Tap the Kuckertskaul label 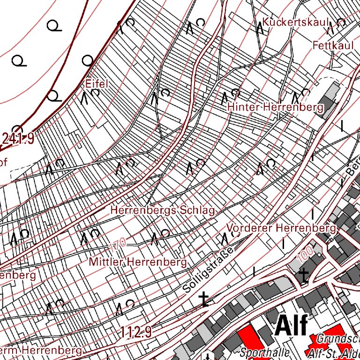point(297,22)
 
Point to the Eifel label point(97,84)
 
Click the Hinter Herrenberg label point(275,107)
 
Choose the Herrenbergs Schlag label point(163,210)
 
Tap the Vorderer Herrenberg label point(281,228)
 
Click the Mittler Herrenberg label point(138,262)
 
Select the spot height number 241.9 point(18,138)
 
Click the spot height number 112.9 point(135,333)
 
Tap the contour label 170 point(118,245)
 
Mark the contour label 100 point(305,254)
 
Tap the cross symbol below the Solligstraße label point(204,299)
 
